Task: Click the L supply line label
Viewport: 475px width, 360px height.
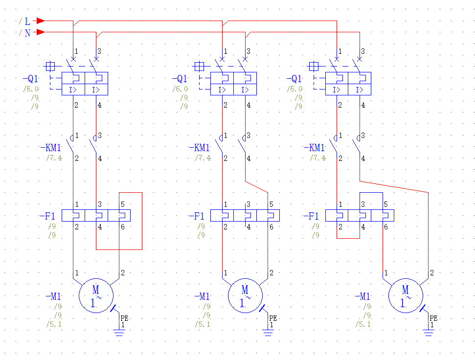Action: click(27, 22)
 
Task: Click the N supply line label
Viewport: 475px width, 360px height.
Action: click(27, 33)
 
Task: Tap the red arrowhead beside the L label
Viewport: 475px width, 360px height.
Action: click(41, 21)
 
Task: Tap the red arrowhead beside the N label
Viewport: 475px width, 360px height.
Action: click(41, 32)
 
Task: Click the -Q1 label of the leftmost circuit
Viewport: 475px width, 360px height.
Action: click(31, 79)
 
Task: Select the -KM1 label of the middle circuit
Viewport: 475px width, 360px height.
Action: click(202, 148)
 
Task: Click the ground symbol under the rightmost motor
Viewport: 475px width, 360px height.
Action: click(429, 333)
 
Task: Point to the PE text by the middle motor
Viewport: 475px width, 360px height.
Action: click(273, 318)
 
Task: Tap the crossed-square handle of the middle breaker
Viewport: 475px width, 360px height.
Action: click(199, 66)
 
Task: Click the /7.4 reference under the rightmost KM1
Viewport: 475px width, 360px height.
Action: click(317, 158)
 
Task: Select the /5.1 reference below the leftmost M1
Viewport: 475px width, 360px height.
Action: click(54, 324)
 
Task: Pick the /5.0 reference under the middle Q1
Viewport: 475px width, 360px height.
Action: click(180, 89)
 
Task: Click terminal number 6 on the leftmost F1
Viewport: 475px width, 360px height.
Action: click(123, 226)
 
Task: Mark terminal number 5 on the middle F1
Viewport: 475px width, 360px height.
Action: click(271, 204)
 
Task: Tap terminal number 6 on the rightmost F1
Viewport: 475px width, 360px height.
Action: click(386, 226)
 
